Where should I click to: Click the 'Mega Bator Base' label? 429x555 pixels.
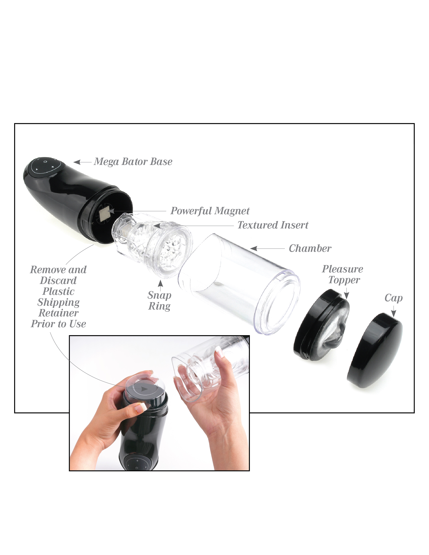(x=133, y=162)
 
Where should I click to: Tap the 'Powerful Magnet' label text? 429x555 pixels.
(x=210, y=211)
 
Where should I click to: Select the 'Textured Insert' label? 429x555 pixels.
(x=273, y=225)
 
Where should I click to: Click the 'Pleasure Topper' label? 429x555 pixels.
(x=343, y=274)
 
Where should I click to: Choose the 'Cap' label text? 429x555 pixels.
(x=393, y=298)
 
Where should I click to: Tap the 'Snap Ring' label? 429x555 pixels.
(x=159, y=301)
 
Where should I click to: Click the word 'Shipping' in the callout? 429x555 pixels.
(x=58, y=302)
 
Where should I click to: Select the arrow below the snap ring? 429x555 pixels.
(x=160, y=283)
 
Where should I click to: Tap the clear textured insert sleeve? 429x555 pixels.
(x=153, y=244)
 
